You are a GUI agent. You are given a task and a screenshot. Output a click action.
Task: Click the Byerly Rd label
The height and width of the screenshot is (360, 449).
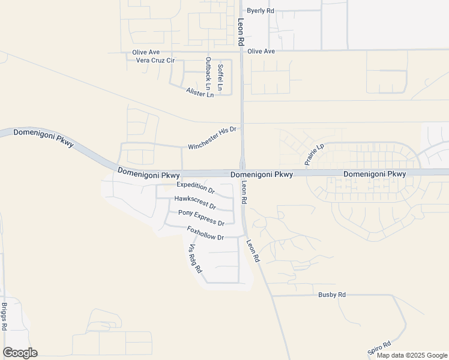point(261,11)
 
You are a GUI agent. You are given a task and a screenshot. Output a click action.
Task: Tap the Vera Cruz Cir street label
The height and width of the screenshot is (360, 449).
point(155,61)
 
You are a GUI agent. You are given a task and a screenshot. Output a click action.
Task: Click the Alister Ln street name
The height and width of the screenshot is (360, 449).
point(200,92)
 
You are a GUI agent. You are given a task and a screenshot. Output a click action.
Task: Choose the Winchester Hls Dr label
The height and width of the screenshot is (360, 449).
point(212,138)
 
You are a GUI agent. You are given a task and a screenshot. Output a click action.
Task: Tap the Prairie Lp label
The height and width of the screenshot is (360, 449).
point(313,154)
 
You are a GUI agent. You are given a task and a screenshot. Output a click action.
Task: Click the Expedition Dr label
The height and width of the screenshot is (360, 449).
point(195,188)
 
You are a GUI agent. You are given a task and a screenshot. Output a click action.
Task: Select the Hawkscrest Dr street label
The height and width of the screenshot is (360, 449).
point(194,201)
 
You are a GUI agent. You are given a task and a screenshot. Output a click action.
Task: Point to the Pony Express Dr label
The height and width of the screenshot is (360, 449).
point(201,218)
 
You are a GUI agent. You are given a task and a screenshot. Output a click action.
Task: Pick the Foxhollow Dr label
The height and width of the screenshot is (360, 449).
point(205,233)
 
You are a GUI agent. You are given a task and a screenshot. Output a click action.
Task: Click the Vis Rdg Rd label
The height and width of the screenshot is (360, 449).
point(195,259)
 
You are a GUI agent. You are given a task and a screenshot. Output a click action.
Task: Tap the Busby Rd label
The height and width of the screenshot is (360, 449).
point(332,295)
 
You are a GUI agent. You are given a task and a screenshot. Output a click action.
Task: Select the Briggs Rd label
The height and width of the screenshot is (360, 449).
point(4,316)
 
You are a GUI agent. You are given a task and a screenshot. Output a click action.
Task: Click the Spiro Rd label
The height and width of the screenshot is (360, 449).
point(379,348)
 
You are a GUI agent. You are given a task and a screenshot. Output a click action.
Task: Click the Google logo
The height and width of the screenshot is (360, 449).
point(20,353)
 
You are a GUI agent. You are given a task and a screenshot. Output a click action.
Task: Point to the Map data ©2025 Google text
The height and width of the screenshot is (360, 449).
point(411,355)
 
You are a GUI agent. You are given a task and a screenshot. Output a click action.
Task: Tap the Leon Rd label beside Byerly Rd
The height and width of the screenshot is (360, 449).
point(241,31)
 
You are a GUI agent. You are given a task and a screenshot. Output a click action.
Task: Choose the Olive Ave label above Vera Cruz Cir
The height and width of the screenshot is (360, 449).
point(145,52)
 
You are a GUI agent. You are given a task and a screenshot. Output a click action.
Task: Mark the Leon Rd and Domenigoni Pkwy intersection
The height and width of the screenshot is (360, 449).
point(243,173)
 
